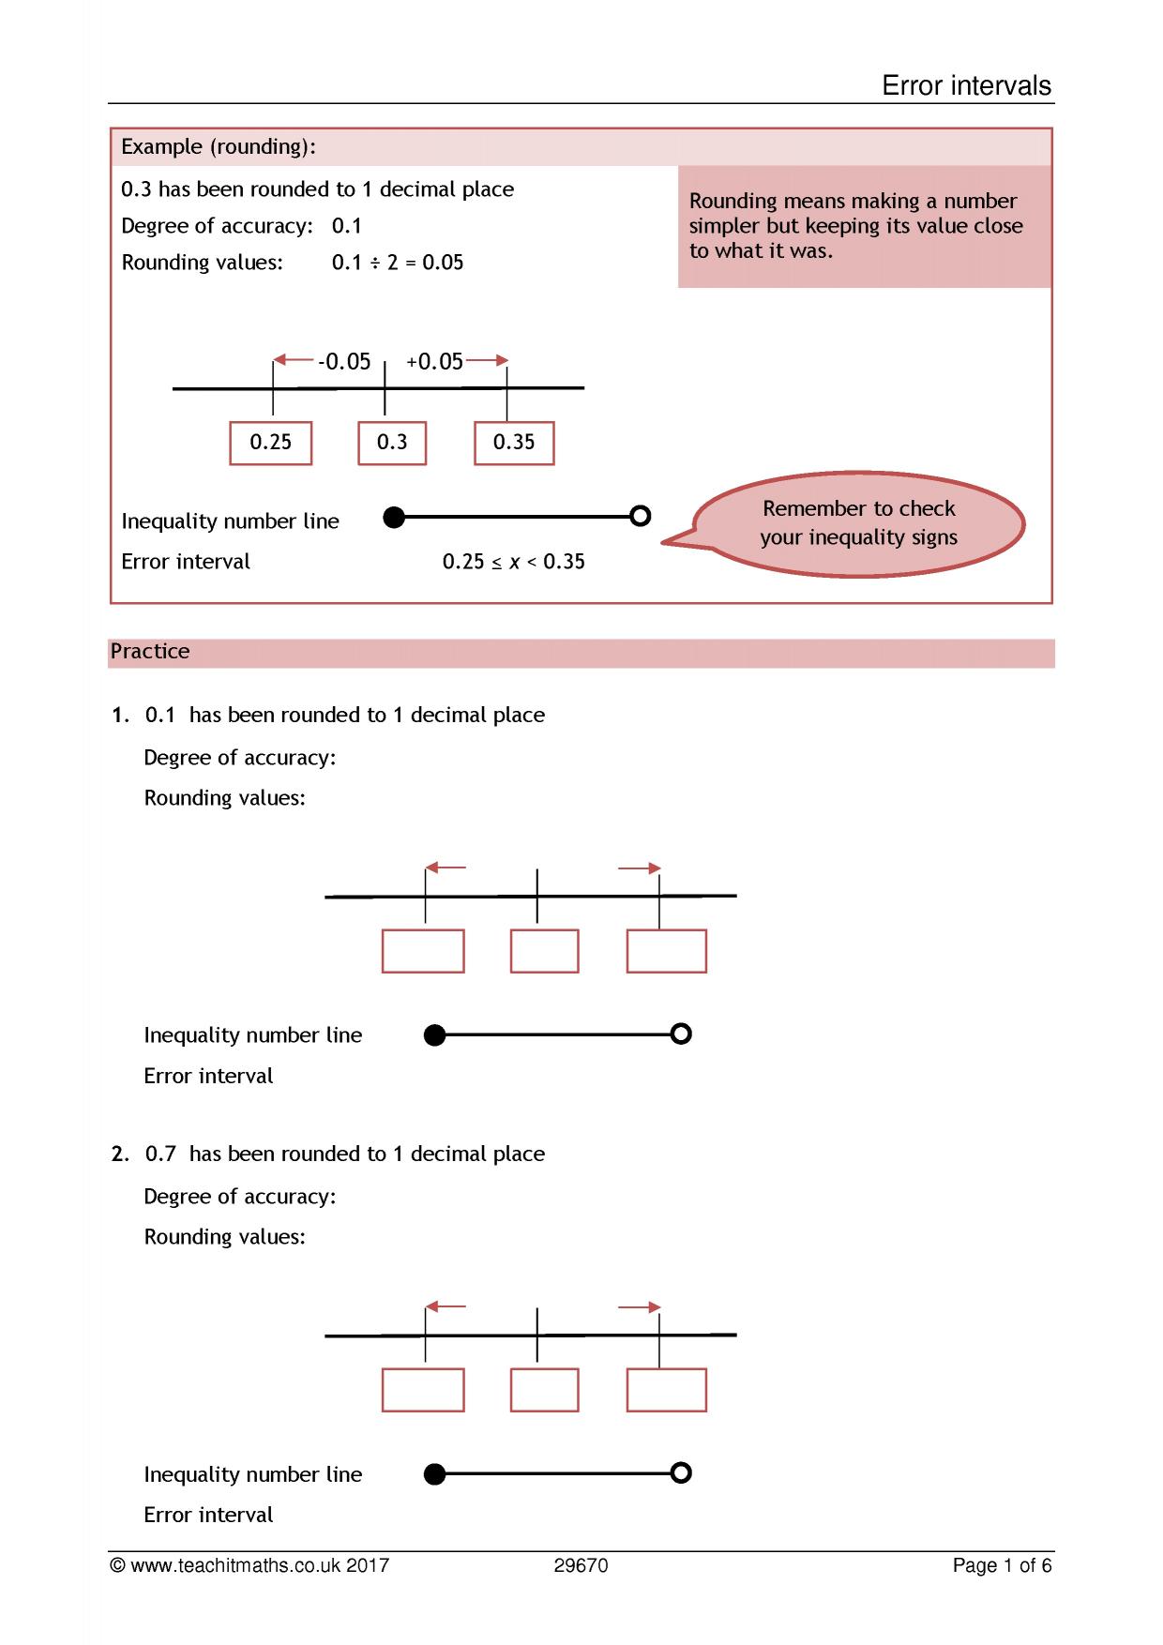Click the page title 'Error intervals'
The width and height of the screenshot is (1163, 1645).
[x=966, y=86]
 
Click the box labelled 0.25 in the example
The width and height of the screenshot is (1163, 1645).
[x=271, y=443]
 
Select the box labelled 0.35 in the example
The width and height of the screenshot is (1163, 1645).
[x=514, y=443]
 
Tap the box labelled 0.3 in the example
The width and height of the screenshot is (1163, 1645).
[x=392, y=443]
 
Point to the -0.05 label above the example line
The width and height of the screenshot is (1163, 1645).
[x=344, y=362]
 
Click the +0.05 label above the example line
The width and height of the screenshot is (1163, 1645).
[x=435, y=362]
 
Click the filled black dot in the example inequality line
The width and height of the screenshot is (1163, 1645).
[x=395, y=517]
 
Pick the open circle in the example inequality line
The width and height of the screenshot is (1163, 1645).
[x=641, y=516]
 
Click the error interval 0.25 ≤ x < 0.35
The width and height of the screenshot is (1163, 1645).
[x=514, y=562]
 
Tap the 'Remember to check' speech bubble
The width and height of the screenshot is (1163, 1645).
[x=858, y=523]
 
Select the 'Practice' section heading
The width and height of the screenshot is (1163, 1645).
[x=150, y=652]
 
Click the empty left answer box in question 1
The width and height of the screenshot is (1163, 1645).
[x=423, y=951]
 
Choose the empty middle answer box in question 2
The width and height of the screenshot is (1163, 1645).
[x=545, y=1390]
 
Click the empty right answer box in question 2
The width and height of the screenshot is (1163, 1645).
[x=666, y=1390]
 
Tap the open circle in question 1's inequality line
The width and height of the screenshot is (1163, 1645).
[x=682, y=1034]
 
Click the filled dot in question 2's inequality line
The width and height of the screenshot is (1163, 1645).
[x=434, y=1474]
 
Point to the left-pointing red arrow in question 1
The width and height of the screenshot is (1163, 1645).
[x=446, y=868]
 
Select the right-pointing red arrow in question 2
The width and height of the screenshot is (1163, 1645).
[x=640, y=1307]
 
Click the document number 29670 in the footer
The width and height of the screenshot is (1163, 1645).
[x=581, y=1565]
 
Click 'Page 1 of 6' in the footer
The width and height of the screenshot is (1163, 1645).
[x=1002, y=1565]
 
